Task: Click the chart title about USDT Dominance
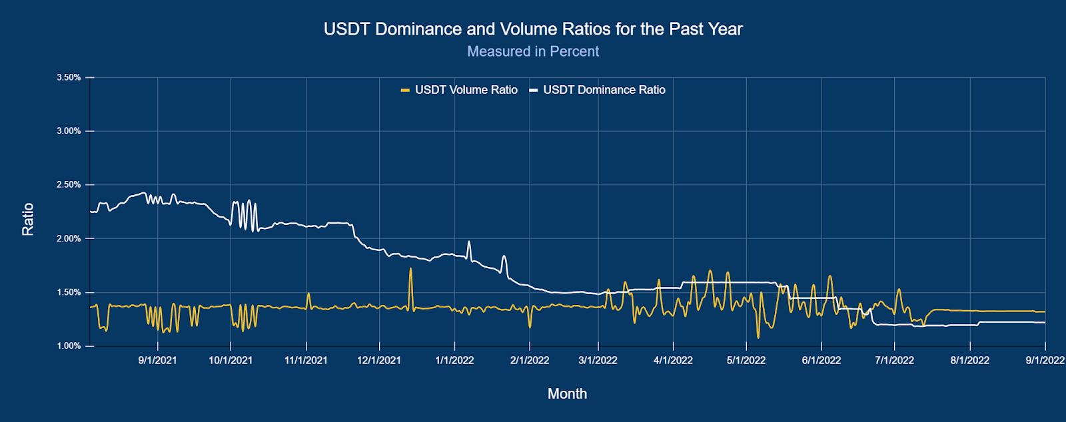pyautogui.click(x=533, y=29)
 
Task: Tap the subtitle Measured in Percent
pyautogui.click(x=533, y=51)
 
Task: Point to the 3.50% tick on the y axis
pyautogui.click(x=69, y=78)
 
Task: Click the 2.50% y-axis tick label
pyautogui.click(x=69, y=185)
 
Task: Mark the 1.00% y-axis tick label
pyautogui.click(x=69, y=346)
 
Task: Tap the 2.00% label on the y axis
pyautogui.click(x=69, y=239)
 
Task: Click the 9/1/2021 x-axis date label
pyautogui.click(x=158, y=361)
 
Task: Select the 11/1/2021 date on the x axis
pyautogui.click(x=306, y=361)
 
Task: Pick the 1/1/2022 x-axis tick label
pyautogui.click(x=454, y=361)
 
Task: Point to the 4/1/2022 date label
pyautogui.click(x=673, y=361)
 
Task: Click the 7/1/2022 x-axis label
pyautogui.click(x=894, y=361)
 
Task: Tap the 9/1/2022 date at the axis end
pyautogui.click(x=1045, y=361)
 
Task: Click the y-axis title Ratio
pyautogui.click(x=28, y=219)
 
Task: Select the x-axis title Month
pyautogui.click(x=567, y=394)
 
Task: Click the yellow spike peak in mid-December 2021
pyautogui.click(x=410, y=269)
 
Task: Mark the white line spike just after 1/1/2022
pyautogui.click(x=469, y=242)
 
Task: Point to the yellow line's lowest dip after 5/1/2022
pyautogui.click(x=758, y=337)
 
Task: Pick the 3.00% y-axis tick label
pyautogui.click(x=69, y=131)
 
